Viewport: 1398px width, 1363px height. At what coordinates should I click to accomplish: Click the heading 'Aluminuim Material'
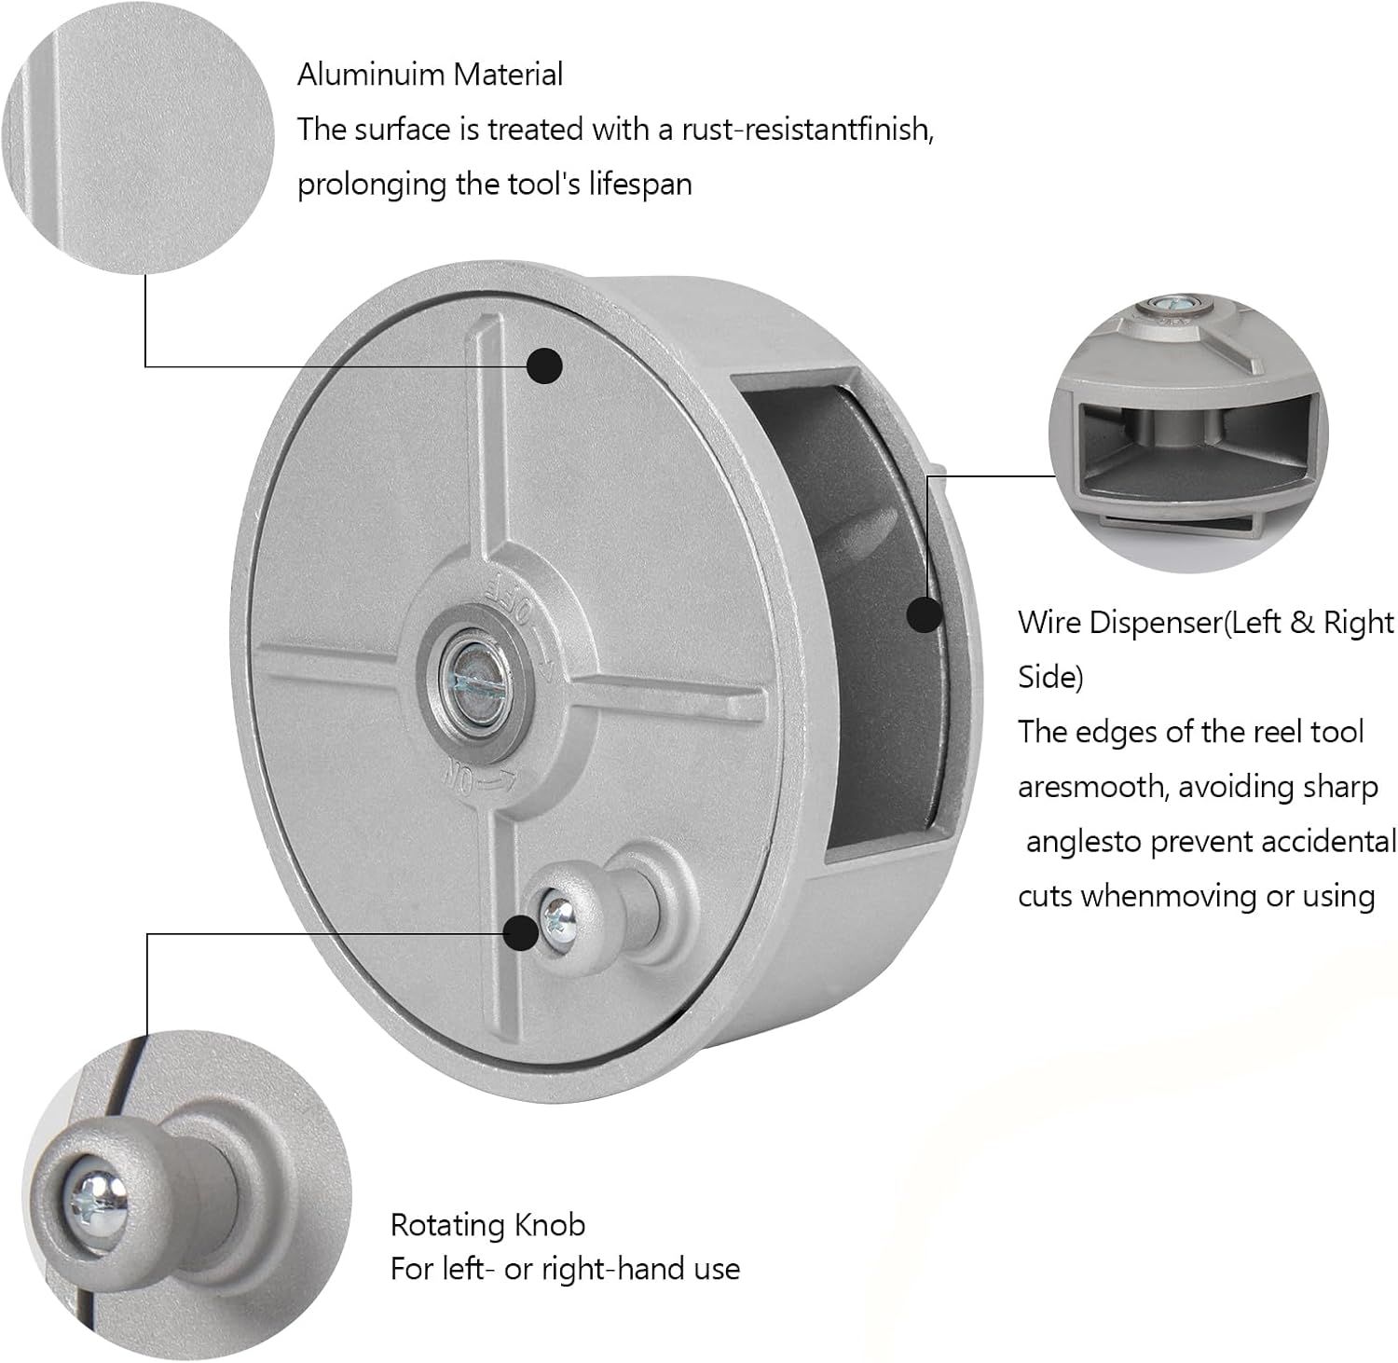coord(430,75)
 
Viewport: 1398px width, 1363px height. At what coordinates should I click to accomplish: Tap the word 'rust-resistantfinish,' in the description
coord(808,129)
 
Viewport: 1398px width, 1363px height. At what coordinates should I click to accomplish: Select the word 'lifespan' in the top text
coord(640,184)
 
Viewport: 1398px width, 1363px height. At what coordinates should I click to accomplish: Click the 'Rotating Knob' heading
coord(487,1224)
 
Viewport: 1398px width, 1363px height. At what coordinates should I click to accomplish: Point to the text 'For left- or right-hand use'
coord(565,1269)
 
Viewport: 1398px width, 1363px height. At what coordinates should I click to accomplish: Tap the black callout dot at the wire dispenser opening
coord(925,614)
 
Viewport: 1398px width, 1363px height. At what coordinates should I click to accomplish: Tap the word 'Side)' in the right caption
coord(1050,677)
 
